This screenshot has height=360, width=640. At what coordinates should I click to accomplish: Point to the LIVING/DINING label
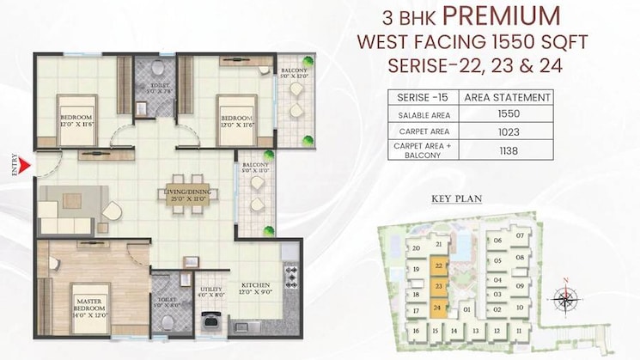[187, 196]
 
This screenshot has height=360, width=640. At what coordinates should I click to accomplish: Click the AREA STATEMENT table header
[507, 97]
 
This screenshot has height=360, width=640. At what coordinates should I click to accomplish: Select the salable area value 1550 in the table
[507, 114]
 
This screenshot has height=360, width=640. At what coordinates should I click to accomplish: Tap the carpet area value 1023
[507, 131]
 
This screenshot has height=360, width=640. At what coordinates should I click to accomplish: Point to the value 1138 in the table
[507, 151]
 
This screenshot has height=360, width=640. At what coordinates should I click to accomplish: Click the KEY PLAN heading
[457, 198]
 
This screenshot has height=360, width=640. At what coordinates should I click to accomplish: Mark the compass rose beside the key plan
[565, 298]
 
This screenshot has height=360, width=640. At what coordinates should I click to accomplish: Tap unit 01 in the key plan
[467, 308]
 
